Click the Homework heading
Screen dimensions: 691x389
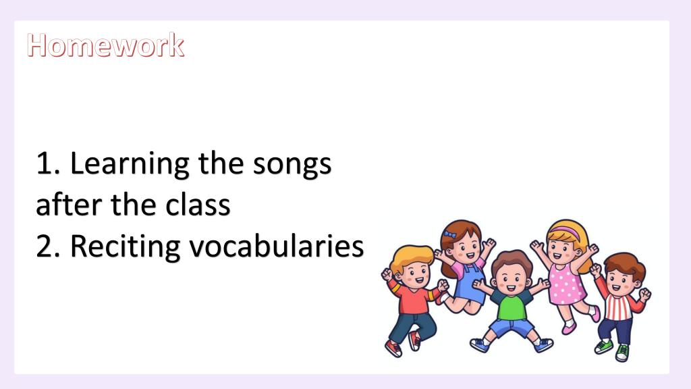click(x=106, y=45)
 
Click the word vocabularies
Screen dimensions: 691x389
click(x=277, y=245)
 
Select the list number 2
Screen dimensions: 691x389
click(x=48, y=246)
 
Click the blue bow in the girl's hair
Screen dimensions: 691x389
click(x=450, y=234)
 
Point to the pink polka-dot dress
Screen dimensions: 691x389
click(x=566, y=284)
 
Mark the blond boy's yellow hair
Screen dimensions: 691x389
click(x=410, y=257)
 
